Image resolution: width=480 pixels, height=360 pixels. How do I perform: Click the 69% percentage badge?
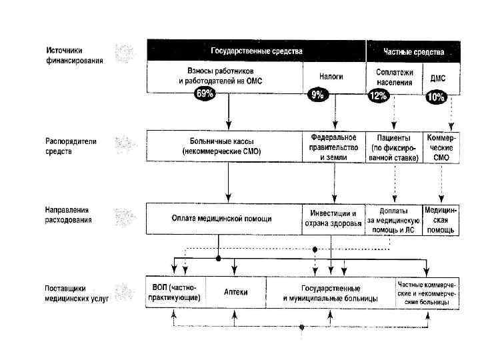(x=204, y=94)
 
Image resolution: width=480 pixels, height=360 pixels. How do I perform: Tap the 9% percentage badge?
(x=317, y=95)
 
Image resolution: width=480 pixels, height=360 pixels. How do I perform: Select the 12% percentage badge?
(x=378, y=96)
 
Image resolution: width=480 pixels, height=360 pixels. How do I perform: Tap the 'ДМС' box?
(x=439, y=78)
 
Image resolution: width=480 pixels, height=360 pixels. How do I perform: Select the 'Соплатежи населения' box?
(x=395, y=77)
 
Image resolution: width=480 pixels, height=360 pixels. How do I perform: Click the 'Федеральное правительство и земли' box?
(x=333, y=147)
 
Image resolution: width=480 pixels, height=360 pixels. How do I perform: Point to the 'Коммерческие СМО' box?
(x=442, y=147)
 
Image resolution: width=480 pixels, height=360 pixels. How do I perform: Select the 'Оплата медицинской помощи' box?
(x=223, y=219)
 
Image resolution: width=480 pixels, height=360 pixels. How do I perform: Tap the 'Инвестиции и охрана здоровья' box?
(x=333, y=219)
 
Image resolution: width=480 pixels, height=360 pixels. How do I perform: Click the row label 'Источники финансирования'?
(x=74, y=56)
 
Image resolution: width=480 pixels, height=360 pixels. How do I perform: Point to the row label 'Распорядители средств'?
(x=71, y=146)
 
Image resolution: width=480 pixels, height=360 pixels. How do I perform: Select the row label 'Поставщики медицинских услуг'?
(x=76, y=292)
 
